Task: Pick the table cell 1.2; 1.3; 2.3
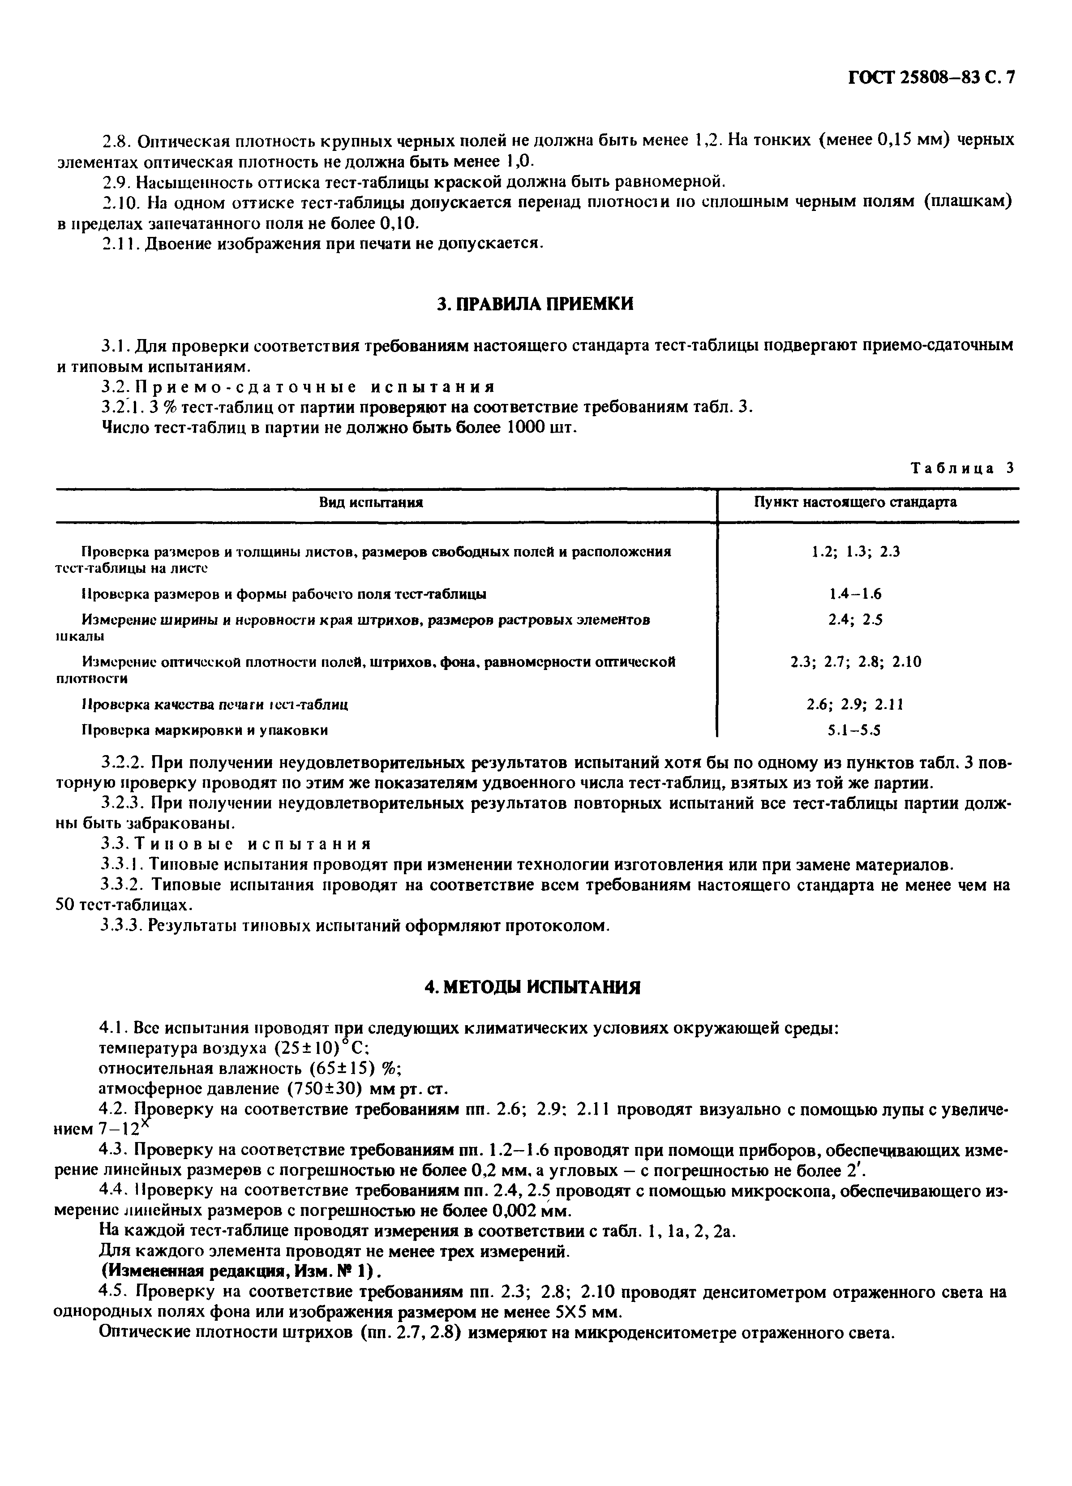pyautogui.click(x=855, y=552)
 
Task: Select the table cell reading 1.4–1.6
pyautogui.click(x=855, y=594)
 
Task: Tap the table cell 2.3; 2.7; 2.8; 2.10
pyautogui.click(x=855, y=662)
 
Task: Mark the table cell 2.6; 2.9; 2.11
pyautogui.click(x=855, y=704)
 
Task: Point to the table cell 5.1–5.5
pyautogui.click(x=855, y=730)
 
